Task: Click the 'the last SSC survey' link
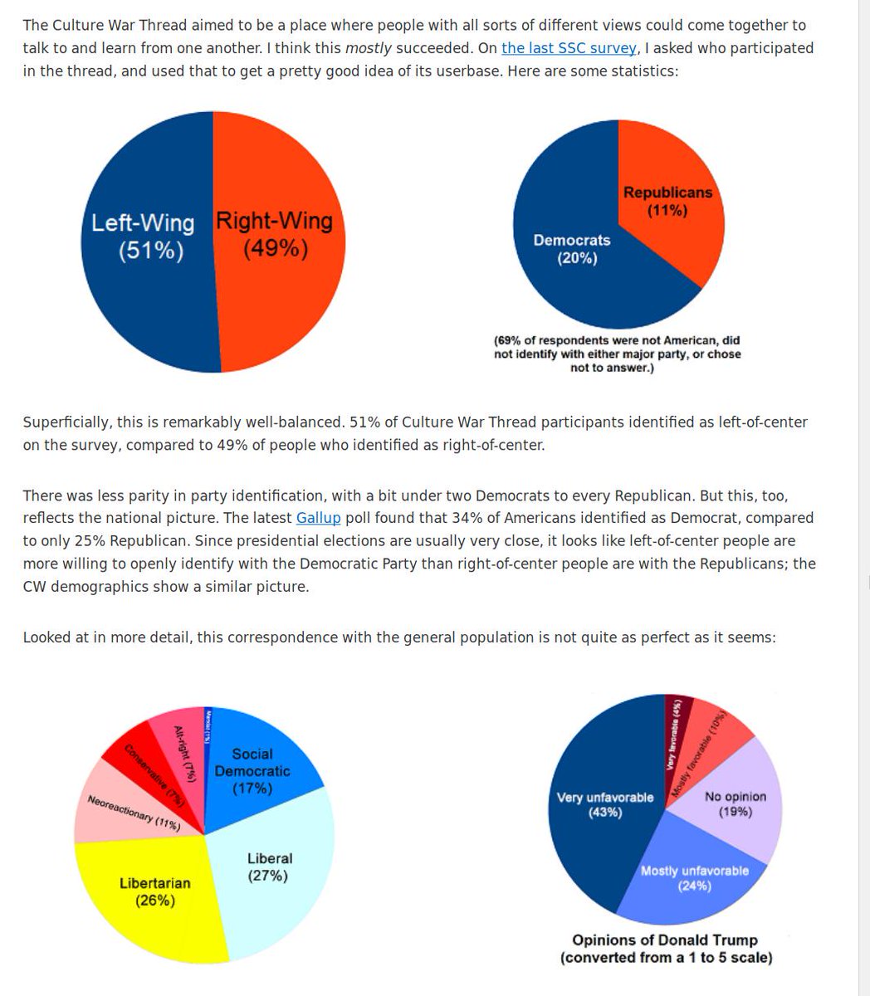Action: pos(568,48)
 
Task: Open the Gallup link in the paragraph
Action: pos(318,518)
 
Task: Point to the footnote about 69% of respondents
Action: pos(617,353)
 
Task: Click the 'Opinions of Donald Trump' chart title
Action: pos(665,940)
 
